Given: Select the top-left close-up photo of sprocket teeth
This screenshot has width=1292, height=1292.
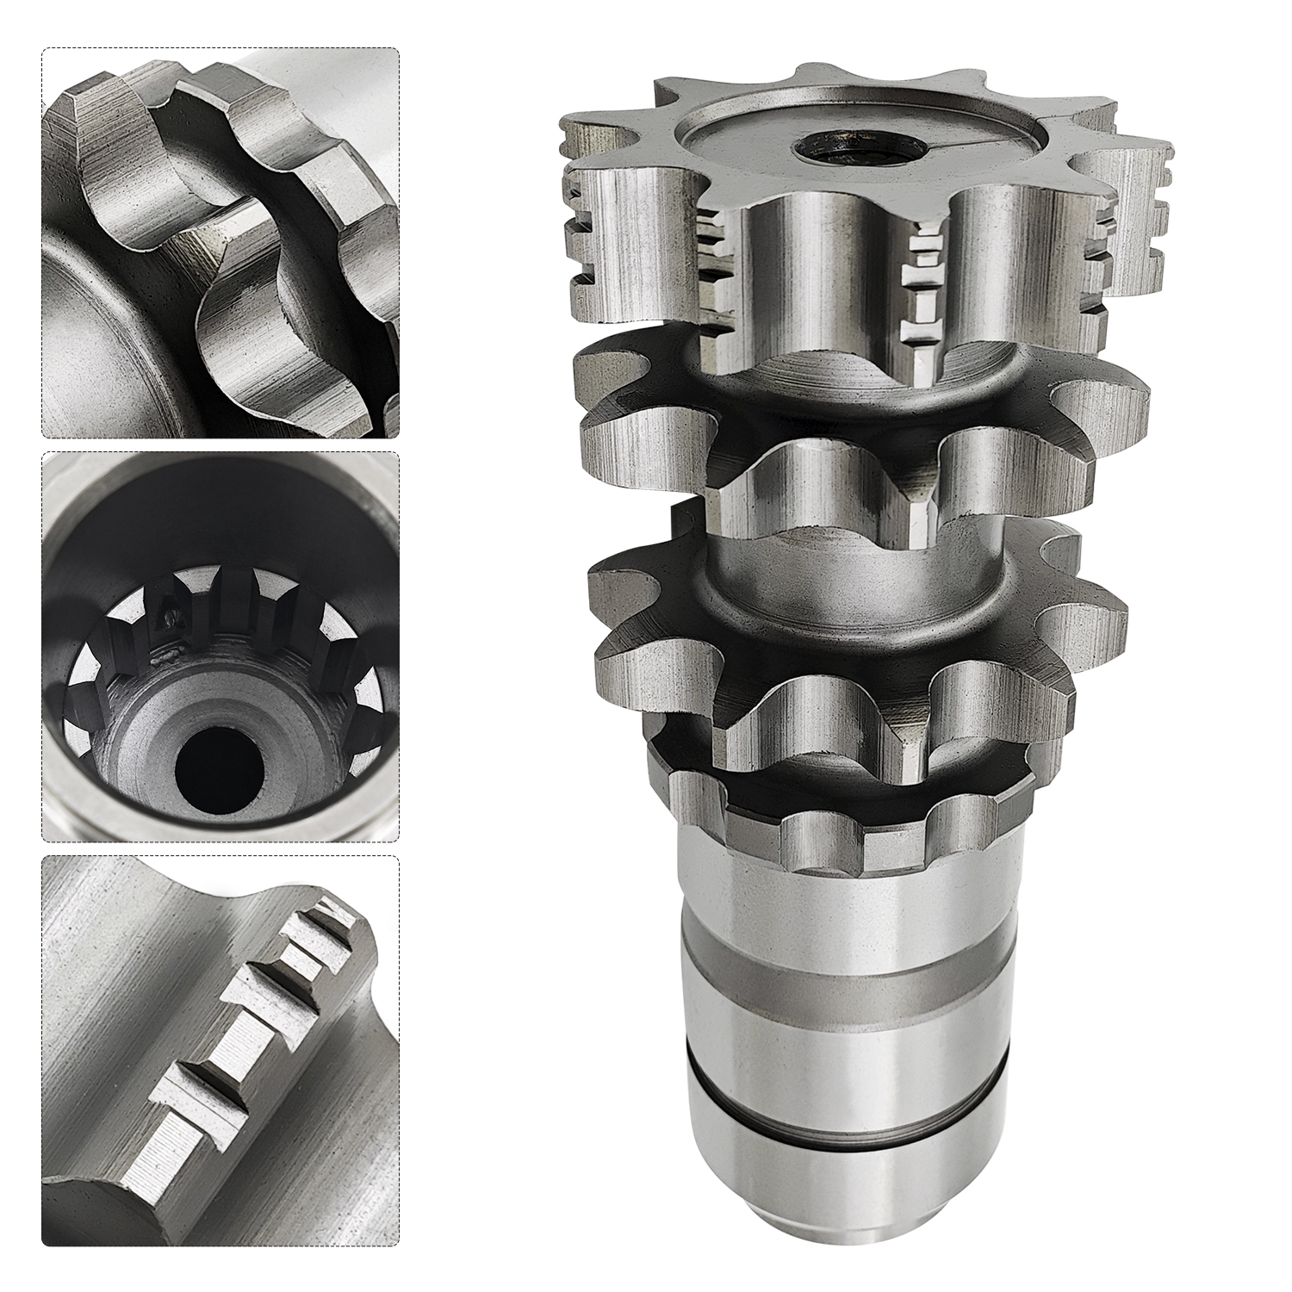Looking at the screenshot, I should pyautogui.click(x=221, y=244).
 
